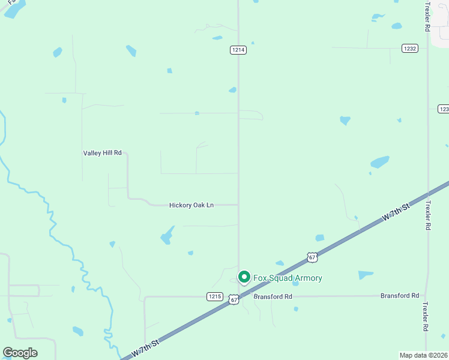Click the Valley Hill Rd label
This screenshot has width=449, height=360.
(x=102, y=153)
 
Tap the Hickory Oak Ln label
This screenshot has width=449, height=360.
(x=191, y=205)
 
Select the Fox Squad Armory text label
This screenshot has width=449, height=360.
(x=288, y=278)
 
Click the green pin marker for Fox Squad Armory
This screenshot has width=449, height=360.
(x=244, y=277)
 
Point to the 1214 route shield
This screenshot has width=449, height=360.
(x=238, y=50)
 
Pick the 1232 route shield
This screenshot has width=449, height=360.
(x=410, y=48)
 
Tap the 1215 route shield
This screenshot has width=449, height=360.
(x=215, y=296)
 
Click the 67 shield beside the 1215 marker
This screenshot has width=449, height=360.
(x=234, y=299)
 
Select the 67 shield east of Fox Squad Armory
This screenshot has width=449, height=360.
(x=312, y=257)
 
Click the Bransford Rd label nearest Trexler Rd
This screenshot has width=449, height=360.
(x=400, y=296)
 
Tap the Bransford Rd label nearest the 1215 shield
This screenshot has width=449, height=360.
(x=273, y=296)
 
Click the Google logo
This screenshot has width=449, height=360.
(x=20, y=353)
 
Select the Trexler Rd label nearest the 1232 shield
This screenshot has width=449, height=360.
(x=427, y=16)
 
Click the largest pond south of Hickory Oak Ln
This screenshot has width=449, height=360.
(x=167, y=235)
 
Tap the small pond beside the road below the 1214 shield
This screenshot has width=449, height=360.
(x=232, y=90)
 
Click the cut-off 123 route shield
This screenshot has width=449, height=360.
(x=444, y=109)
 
